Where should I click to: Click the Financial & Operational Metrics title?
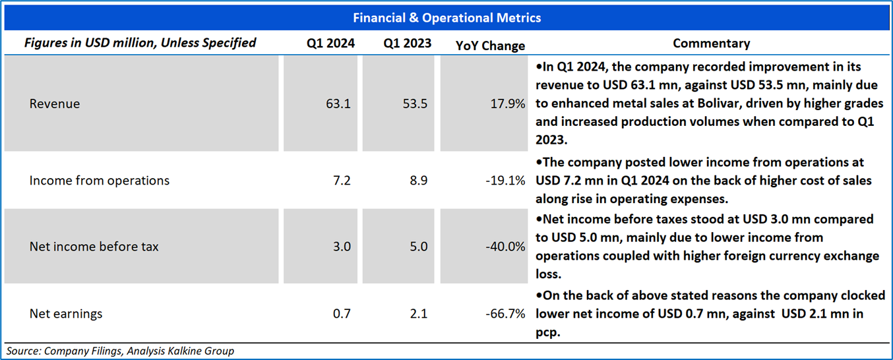point(446,18)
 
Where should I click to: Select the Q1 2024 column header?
point(330,44)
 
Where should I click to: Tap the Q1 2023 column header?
point(408,44)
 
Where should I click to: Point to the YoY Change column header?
point(490,45)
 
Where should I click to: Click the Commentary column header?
point(711,44)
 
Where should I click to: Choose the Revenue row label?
point(55,104)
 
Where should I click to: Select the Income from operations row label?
point(100,180)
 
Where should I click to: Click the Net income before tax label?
point(94,247)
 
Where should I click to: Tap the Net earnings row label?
point(66,313)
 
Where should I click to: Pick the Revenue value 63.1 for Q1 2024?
point(338,104)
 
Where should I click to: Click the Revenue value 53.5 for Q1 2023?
point(415,104)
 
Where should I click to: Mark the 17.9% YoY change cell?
point(508,104)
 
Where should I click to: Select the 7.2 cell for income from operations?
point(342,180)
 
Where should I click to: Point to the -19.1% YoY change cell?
point(506,180)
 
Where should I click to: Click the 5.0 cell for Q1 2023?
point(418,247)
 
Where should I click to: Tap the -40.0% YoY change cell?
point(505,247)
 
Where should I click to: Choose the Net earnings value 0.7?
point(342,313)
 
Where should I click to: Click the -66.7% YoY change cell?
point(506,313)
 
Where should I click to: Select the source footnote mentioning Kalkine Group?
point(120,351)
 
